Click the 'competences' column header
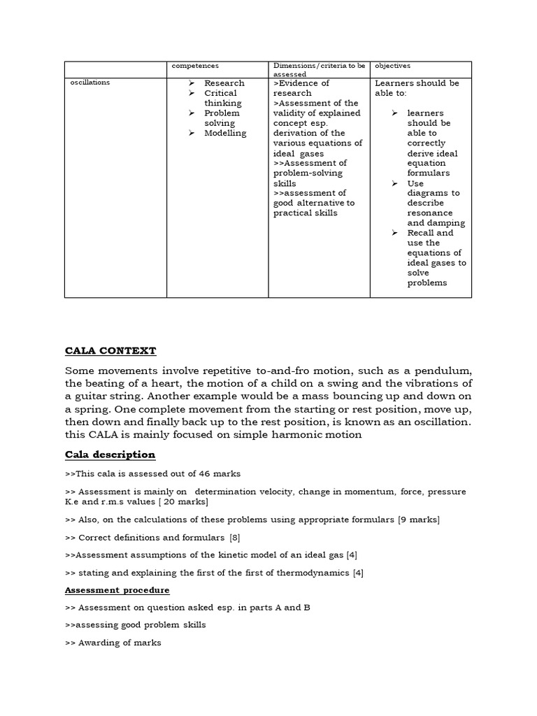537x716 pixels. pos(195,66)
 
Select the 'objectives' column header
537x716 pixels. pos(392,66)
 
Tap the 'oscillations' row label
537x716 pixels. pos(90,83)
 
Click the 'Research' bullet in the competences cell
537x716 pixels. pos(224,83)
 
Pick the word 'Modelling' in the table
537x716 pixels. pos(225,133)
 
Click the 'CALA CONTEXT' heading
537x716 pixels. pos(110,350)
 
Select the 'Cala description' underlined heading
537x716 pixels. pos(110,454)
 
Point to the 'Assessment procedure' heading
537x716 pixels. pos(117,590)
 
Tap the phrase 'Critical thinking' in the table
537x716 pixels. pos(221,98)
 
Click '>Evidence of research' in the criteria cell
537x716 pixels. pos(301,88)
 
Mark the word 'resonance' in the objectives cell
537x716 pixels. pos(429,213)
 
